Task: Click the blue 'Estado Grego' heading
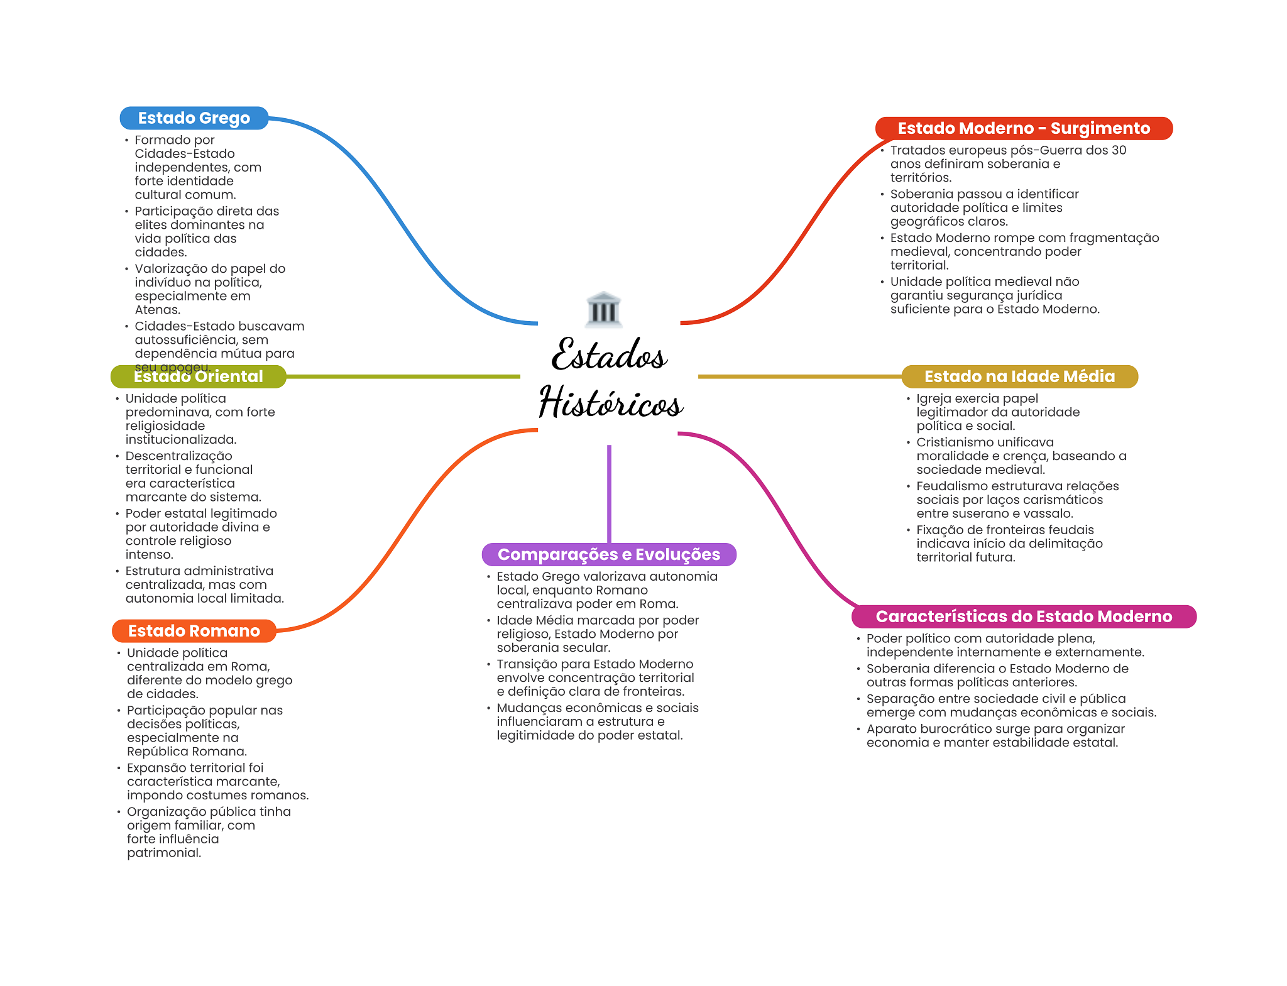pos(194,118)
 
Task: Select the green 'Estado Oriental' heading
pos(199,376)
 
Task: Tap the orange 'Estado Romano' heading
pos(194,631)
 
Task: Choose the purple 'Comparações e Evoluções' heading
pos(609,554)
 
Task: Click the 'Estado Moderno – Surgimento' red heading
pos(1024,128)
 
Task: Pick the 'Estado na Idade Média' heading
pos(1020,376)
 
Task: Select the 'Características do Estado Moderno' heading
pos(1024,616)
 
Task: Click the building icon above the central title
pos(604,309)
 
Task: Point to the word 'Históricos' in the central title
pos(611,402)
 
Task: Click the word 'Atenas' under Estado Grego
pos(157,310)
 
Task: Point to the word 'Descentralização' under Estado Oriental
pos(178,456)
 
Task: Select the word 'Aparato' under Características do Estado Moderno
pos(891,729)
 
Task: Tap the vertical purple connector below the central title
pos(609,494)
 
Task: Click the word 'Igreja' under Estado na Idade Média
pos(934,399)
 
